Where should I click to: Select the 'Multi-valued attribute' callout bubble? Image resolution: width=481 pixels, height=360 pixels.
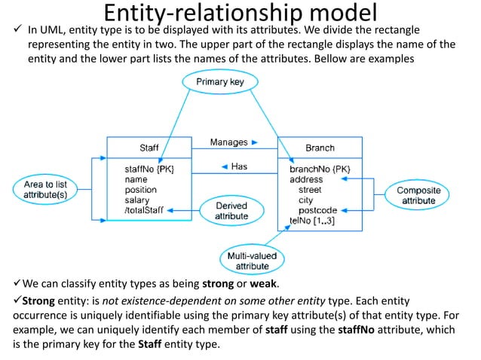(252, 261)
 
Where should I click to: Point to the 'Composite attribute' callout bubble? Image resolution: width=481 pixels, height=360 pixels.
(418, 196)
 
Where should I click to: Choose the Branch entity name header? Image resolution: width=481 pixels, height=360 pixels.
(320, 147)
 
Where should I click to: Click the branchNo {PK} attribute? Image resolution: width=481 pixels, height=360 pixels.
(320, 169)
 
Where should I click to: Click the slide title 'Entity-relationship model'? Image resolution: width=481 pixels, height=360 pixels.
(240, 13)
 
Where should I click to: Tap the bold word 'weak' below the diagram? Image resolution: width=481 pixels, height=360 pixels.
(264, 284)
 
